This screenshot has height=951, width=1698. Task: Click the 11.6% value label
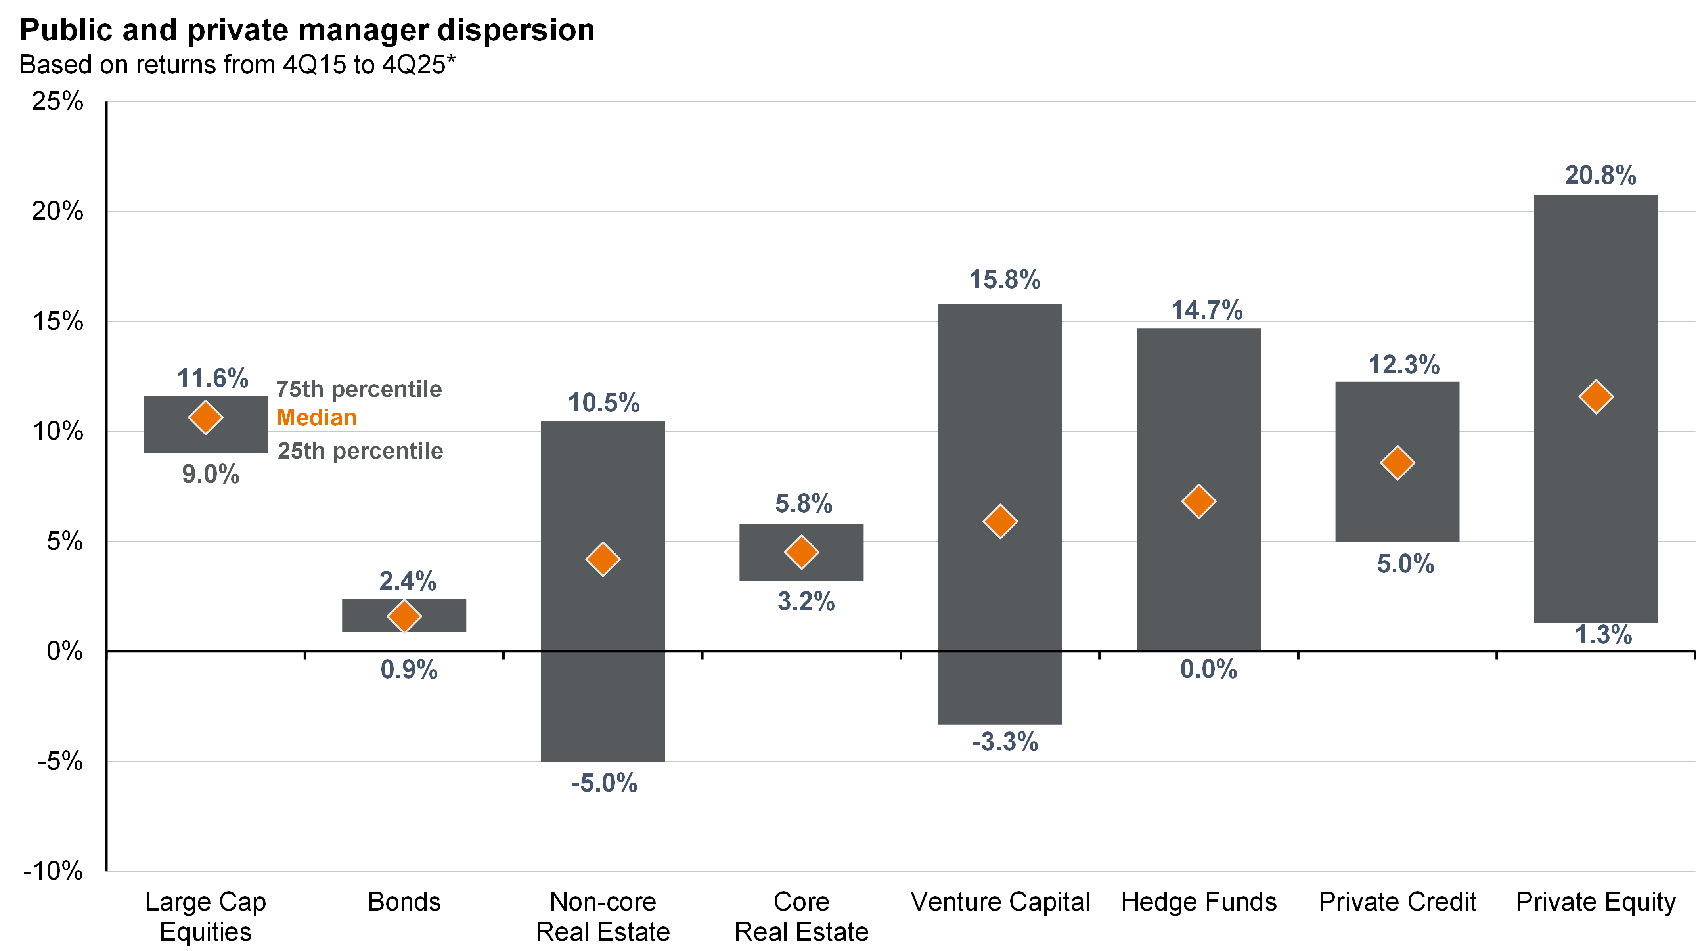tap(213, 378)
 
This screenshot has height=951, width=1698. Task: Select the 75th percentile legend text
tap(358, 390)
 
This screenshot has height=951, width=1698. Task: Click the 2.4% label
tap(408, 581)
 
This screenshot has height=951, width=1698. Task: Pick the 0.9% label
tap(409, 670)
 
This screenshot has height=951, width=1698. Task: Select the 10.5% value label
tap(604, 403)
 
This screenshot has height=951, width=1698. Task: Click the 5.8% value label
tap(804, 503)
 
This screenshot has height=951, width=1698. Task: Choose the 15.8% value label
tap(1005, 279)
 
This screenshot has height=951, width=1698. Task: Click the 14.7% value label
tap(1207, 310)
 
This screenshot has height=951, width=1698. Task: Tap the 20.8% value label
tap(1600, 175)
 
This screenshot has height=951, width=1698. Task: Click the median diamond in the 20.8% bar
tap(1596, 397)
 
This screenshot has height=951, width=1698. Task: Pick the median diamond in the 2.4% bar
tap(404, 616)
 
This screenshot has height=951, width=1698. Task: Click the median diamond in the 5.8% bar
tap(802, 552)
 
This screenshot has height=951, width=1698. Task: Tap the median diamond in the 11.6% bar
tap(206, 418)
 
